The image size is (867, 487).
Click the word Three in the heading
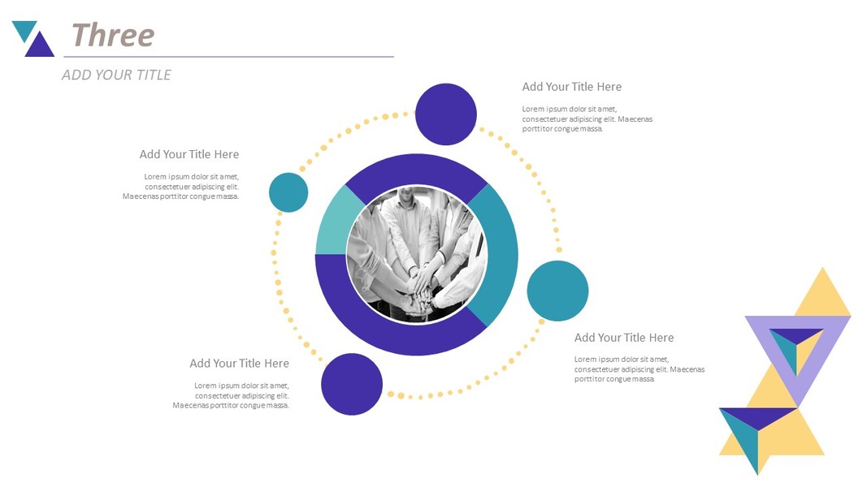click(x=113, y=36)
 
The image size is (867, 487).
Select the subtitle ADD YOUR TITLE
click(x=116, y=75)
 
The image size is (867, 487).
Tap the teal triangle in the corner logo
click(x=24, y=28)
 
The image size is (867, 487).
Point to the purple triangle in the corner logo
click(x=40, y=46)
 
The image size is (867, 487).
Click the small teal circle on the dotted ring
click(x=288, y=192)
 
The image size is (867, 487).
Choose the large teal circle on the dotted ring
click(x=557, y=291)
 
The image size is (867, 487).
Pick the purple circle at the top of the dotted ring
click(x=445, y=114)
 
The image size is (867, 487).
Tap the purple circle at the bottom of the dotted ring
click(x=352, y=384)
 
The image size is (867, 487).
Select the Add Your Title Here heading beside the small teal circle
click(x=189, y=154)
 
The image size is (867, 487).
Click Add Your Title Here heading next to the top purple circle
click(x=572, y=87)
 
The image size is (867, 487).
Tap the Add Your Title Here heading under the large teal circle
click(x=624, y=338)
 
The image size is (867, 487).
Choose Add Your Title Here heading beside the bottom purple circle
click(x=240, y=364)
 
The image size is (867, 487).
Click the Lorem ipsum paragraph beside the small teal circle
click(x=181, y=187)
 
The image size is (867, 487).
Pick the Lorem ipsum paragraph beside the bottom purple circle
click(x=231, y=395)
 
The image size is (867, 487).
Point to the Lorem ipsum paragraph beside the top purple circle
click(x=587, y=119)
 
